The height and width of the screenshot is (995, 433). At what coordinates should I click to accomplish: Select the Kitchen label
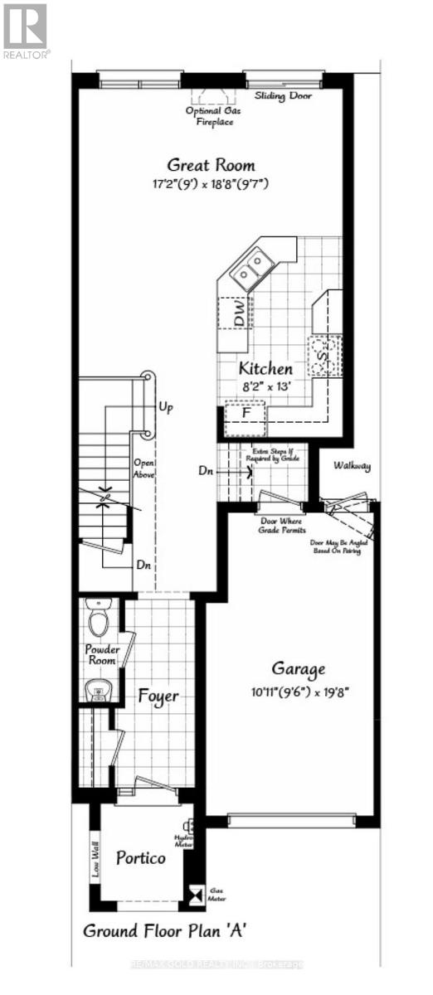pyautogui.click(x=265, y=368)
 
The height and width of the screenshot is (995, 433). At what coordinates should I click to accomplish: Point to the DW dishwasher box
pyautogui.click(x=239, y=313)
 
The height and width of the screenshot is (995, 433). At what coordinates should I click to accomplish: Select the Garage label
pyautogui.click(x=299, y=668)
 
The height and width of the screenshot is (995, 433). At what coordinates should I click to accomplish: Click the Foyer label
pyautogui.click(x=158, y=696)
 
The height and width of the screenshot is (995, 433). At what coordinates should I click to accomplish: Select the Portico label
pyautogui.click(x=141, y=857)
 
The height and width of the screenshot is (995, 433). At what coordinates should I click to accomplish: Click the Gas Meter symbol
pyautogui.click(x=197, y=894)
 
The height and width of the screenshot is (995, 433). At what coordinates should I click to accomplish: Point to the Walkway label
pyautogui.click(x=352, y=466)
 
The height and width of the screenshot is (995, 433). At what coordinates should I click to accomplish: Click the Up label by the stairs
pyautogui.click(x=165, y=408)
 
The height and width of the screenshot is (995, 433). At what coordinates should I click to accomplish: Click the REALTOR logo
pyautogui.click(x=26, y=30)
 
